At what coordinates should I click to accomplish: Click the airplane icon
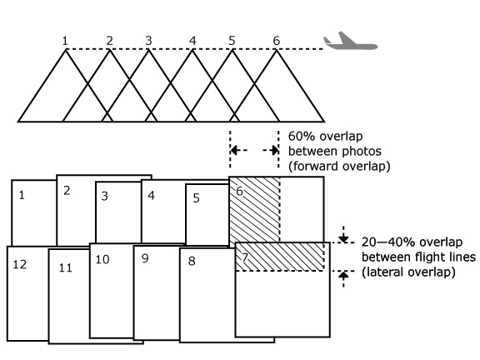tap(351, 41)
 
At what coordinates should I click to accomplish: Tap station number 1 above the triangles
tap(65, 41)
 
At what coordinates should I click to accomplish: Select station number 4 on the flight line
tap(192, 41)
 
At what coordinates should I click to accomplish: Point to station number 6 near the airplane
tap(277, 40)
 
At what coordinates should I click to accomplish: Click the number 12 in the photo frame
tap(20, 264)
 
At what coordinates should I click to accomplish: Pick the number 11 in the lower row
tap(65, 267)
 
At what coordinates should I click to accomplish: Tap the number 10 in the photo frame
tap(102, 260)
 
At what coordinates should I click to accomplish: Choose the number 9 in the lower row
tap(145, 258)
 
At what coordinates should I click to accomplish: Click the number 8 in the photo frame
tap(192, 261)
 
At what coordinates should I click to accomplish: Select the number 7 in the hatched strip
tap(245, 257)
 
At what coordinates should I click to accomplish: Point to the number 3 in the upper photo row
tap(105, 196)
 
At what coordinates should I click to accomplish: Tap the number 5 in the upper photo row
tap(197, 198)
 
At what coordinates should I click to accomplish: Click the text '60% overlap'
tap(325, 136)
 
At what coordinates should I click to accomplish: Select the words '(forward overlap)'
tap(339, 166)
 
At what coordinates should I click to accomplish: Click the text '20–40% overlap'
tap(412, 242)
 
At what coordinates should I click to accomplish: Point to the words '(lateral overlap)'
tap(408, 272)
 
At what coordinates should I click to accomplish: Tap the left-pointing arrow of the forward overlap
tap(239, 150)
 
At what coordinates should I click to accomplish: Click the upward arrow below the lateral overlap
tap(343, 279)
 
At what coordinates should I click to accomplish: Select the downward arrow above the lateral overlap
tap(343, 234)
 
